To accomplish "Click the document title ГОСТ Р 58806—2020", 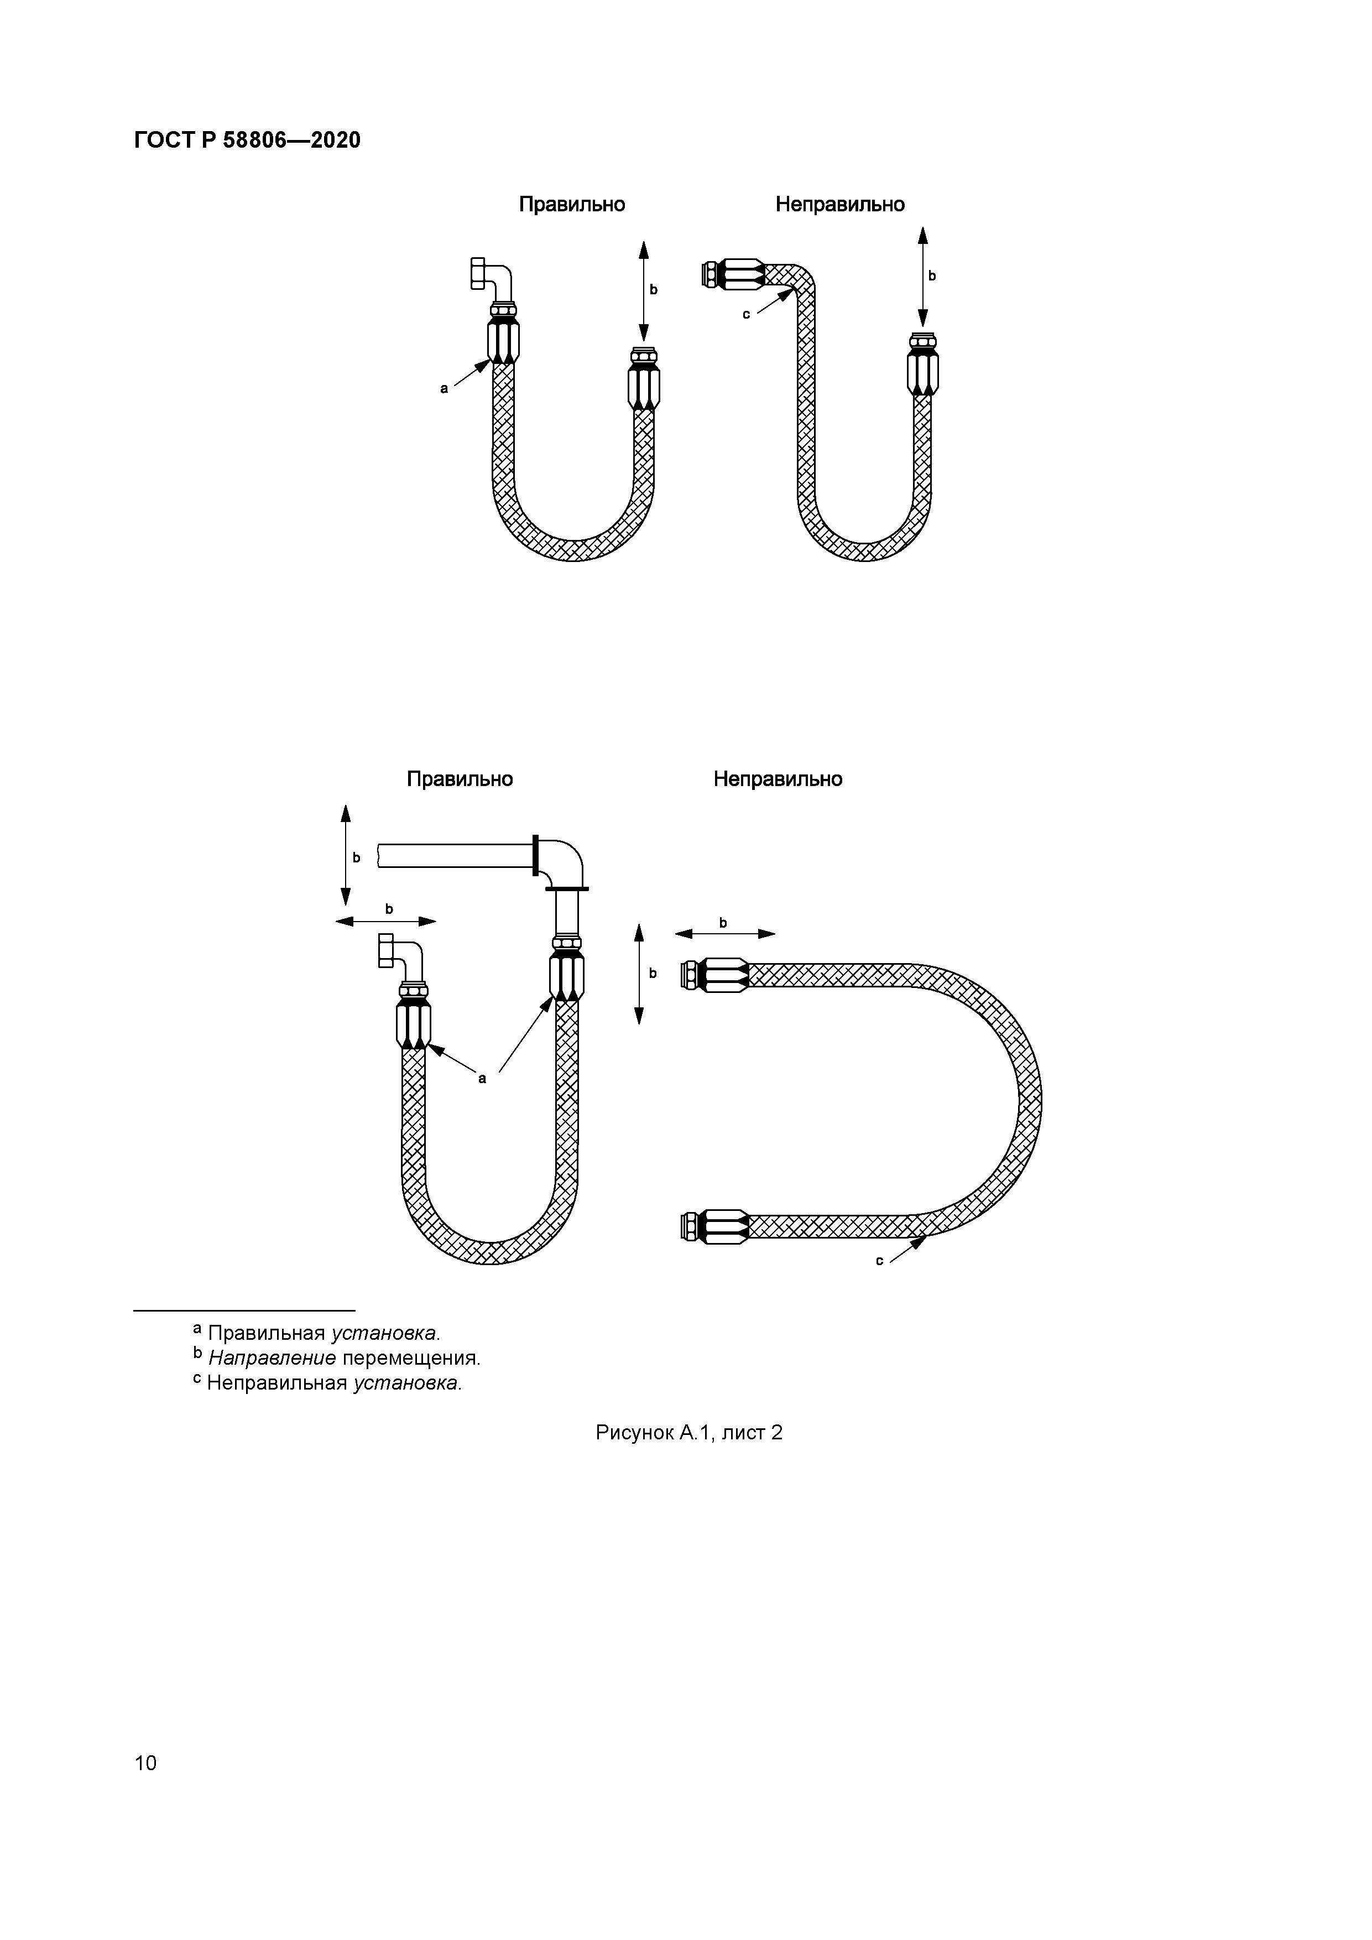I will pos(247,141).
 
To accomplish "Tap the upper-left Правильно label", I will pos(571,205).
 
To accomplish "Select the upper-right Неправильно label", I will pos(840,205).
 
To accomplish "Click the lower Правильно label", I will pos(460,779).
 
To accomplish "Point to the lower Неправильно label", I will pos(777,779).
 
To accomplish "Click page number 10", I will pos(145,1762).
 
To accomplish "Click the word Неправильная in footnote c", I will pos(277,1383).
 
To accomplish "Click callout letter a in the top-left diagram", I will pos(444,389).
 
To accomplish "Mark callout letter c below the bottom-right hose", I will pos(879,1261).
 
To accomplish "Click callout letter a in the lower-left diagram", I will pos(482,1079).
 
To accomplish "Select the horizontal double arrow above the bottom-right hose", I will pos(725,934).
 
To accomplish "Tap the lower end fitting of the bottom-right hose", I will pos(714,1227).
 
